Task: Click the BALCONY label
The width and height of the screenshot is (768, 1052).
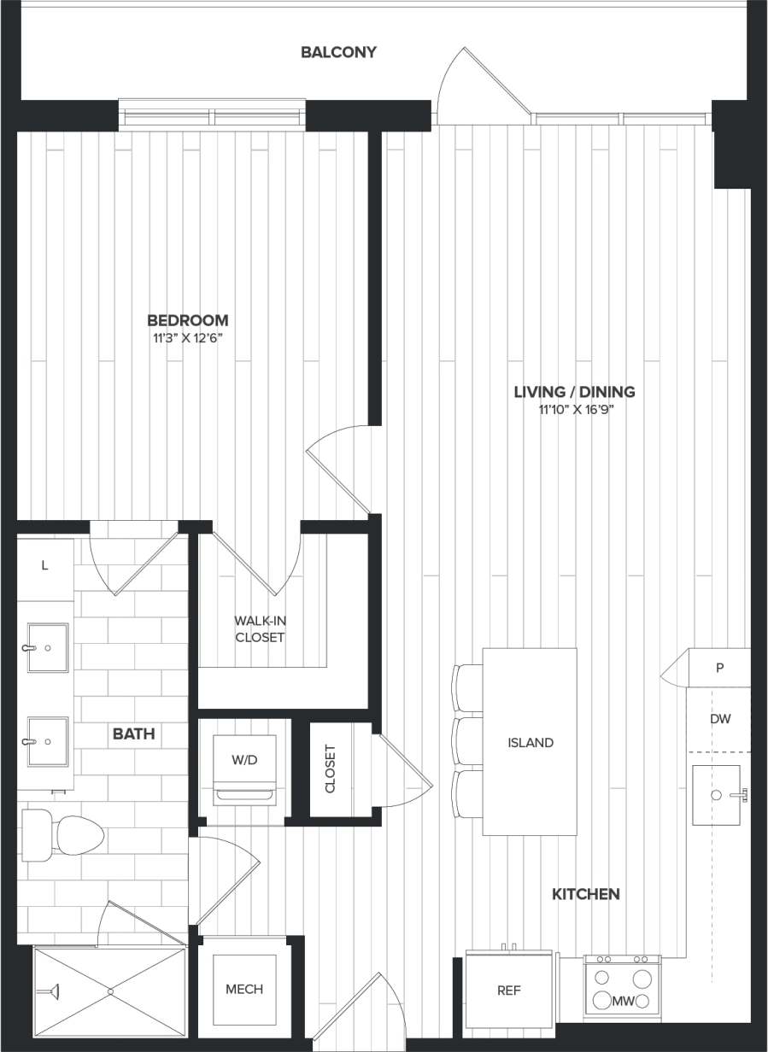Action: pos(338,52)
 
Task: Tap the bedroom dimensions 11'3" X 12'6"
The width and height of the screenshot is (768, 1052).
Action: pos(188,338)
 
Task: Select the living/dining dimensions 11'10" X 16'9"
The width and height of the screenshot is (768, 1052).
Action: pos(574,409)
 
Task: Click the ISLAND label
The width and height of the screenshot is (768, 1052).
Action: pos(530,742)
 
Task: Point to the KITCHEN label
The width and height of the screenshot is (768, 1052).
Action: pos(585,894)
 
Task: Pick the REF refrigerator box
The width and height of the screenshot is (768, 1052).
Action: pos(509,991)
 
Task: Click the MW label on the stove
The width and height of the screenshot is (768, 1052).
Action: pos(622,1000)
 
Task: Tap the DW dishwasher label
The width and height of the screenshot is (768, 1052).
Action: pos(719,719)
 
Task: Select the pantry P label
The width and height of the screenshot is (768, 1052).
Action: pos(719,668)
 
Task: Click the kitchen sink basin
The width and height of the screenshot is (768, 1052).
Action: pos(715,795)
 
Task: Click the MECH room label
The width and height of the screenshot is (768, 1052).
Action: pos(244,989)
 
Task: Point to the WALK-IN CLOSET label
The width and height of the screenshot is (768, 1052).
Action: pos(261,628)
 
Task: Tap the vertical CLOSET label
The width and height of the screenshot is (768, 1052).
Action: pos(331,769)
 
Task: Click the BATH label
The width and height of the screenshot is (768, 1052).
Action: pos(134,733)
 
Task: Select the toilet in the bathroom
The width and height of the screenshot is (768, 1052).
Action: pos(65,834)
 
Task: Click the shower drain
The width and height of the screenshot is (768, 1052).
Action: pos(109,991)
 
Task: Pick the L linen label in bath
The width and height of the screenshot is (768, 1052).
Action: pos(44,566)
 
